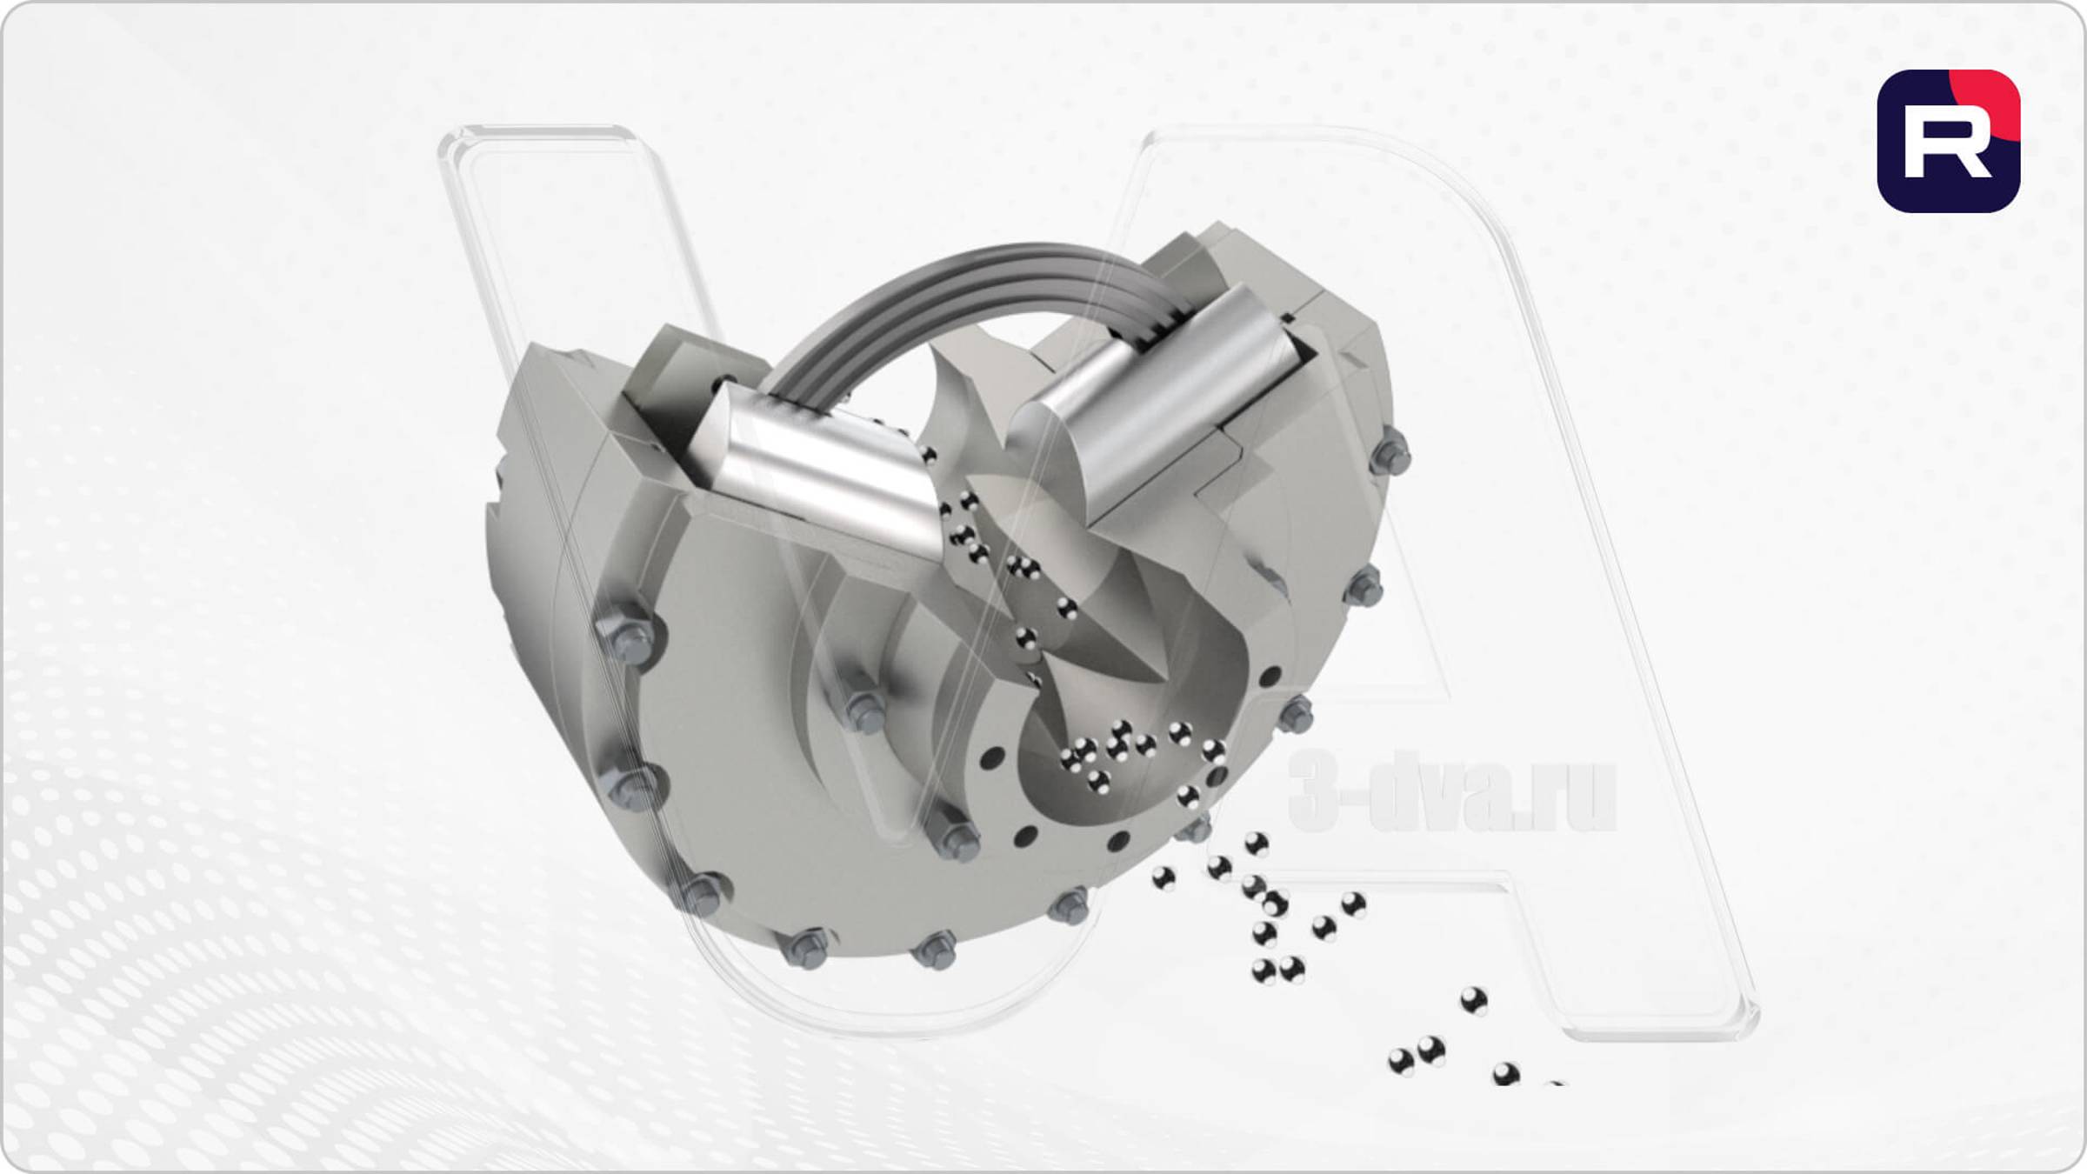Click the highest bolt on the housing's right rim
1390,453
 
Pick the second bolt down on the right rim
1363,587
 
